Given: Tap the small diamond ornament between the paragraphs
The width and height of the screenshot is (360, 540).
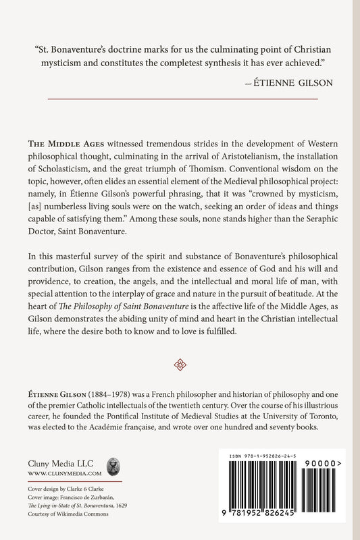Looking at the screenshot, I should [180, 364].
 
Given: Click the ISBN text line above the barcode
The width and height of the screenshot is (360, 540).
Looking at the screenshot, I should [275, 458].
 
